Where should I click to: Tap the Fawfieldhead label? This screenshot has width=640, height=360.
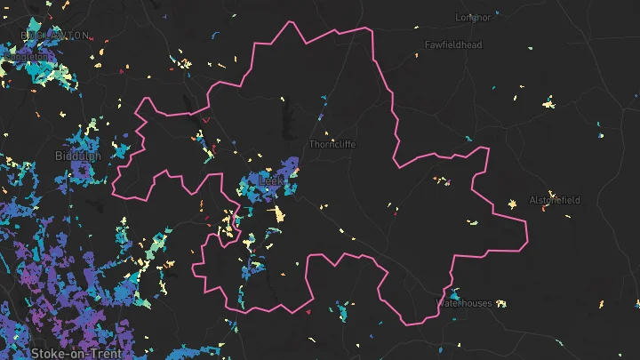(452, 44)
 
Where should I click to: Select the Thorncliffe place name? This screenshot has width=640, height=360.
(331, 143)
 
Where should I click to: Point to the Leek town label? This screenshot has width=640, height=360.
(269, 180)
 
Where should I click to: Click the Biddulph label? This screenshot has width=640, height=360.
(77, 156)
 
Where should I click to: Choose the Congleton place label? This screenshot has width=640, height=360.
(28, 54)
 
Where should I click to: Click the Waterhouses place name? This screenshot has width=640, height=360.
(464, 303)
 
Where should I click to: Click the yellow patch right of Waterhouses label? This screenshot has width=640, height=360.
(503, 304)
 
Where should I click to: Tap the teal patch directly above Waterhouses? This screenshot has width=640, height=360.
(454, 292)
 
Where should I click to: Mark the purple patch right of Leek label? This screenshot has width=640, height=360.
(289, 167)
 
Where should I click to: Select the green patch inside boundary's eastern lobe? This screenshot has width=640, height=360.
(474, 220)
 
